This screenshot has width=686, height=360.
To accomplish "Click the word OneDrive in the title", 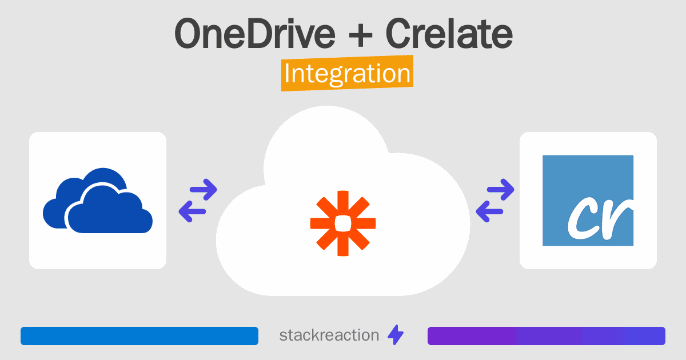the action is point(255,33).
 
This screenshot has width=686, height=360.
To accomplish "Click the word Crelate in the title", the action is point(449,33).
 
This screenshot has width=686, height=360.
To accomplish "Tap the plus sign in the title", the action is point(361,35).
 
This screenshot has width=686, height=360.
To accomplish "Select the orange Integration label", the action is point(348,73).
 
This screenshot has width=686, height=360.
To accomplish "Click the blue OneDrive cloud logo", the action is point(98,201).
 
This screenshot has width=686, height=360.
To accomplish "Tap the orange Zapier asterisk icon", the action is point(343,223).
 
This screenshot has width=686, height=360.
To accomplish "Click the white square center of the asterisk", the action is point(343,223).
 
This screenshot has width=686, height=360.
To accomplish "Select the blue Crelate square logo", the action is point(588,201).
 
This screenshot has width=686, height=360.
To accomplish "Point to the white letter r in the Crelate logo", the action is point(616,218).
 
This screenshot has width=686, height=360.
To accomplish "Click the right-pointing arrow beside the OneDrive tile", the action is point(204,190).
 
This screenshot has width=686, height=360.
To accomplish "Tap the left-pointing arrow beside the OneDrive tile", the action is point(192,211).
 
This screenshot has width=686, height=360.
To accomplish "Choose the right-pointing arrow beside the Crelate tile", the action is point(500,190).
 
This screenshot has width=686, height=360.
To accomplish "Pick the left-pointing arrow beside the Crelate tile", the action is point(489,211).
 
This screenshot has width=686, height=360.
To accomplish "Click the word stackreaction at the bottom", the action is point(329,335).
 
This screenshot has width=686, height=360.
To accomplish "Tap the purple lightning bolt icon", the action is point(396,335).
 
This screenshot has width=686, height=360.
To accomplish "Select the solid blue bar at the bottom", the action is point(139,336).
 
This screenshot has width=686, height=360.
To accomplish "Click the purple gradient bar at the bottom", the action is point(547,336).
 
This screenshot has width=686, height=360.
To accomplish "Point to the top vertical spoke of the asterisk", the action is point(343,203).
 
